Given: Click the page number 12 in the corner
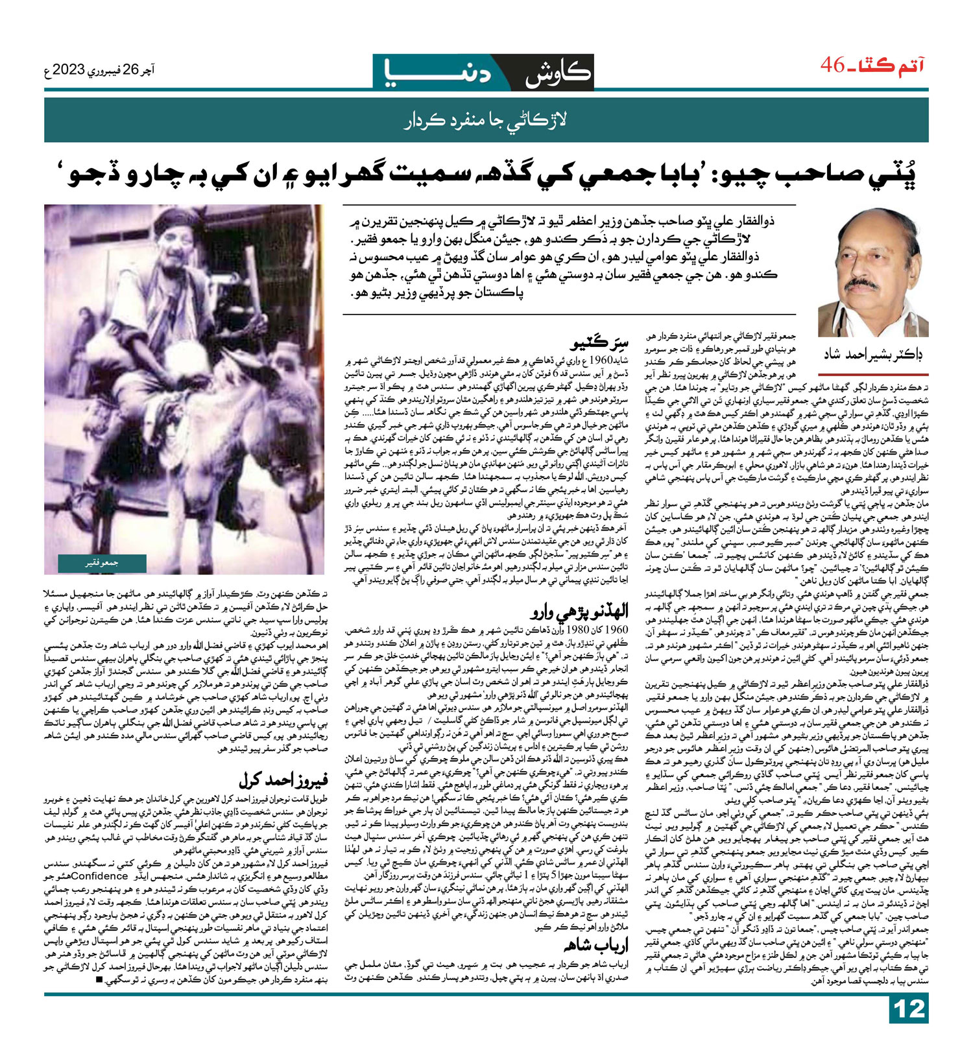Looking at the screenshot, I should click(909, 1027).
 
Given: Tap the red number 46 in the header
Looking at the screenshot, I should click(833, 66).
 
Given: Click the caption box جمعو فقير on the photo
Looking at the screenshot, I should click(102, 563).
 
